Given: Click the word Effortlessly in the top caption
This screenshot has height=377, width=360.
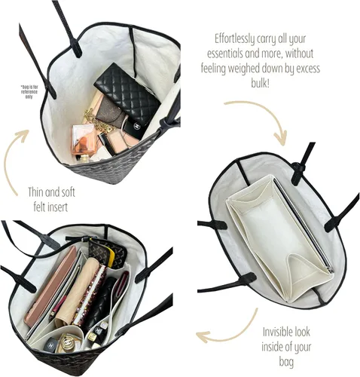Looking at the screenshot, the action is point(231,40).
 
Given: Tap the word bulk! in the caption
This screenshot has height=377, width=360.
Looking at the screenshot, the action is point(261,83).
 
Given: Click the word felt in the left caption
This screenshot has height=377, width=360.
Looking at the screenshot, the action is point(41,207).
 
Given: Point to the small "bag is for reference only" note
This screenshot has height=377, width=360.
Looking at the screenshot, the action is point(29,91).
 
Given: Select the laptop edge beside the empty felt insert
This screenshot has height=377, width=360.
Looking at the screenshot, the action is point(304,225).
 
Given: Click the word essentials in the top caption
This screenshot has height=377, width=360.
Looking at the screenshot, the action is point(225,54).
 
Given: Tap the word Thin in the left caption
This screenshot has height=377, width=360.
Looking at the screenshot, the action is point(35,192).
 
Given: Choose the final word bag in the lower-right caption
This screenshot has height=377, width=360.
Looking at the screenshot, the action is point(286,363).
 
